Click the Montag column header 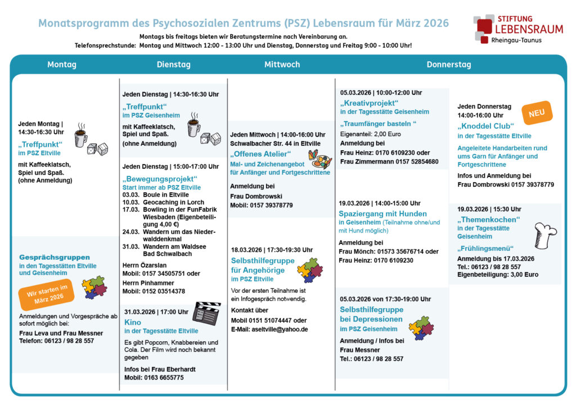coord(61,65)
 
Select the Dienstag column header coord(173,65)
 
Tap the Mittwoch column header coord(282,65)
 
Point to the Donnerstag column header coord(448,65)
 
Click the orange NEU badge coord(537,113)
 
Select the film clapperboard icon coord(206,314)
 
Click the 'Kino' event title coord(133,322)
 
